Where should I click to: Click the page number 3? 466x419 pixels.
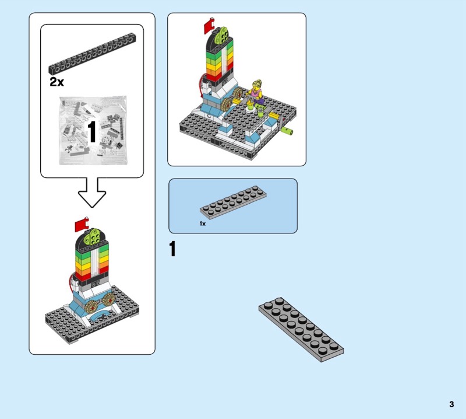(x=451, y=404)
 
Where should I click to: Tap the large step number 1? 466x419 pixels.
(x=172, y=249)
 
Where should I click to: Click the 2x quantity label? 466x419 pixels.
(x=57, y=82)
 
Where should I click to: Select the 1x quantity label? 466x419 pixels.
(x=202, y=224)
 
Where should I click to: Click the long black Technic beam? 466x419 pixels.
(x=93, y=54)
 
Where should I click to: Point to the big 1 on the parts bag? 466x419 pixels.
(x=92, y=132)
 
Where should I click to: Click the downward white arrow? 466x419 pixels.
(x=92, y=193)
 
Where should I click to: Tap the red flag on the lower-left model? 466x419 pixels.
(x=82, y=224)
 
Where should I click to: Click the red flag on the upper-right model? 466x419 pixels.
(x=209, y=25)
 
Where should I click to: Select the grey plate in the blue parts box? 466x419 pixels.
(x=233, y=200)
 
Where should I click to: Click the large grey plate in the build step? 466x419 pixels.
(x=301, y=329)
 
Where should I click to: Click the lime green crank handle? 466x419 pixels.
(x=287, y=131)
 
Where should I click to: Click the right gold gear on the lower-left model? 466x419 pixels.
(x=110, y=299)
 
